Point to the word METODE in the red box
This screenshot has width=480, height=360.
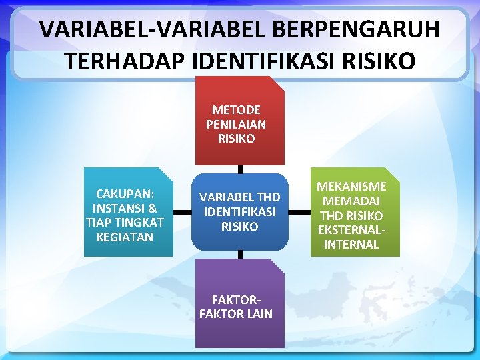coord(236,109)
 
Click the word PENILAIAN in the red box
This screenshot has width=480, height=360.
coord(236,124)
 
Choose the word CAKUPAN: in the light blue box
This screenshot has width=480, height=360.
coord(125,193)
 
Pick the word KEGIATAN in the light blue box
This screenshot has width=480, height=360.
coord(125,237)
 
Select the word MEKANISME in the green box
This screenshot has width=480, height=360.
coord(351,186)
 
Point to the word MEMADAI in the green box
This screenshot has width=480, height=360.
coord(351,201)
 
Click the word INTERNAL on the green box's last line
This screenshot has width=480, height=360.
coord(351,245)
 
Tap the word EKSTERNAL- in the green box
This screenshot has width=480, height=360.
coord(351,230)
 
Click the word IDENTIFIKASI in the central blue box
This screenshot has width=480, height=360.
coord(239,212)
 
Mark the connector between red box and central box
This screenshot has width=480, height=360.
coord(240,169)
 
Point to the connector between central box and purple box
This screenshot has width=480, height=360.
coord(240,254)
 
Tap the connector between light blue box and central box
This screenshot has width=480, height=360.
coord(182,212)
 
